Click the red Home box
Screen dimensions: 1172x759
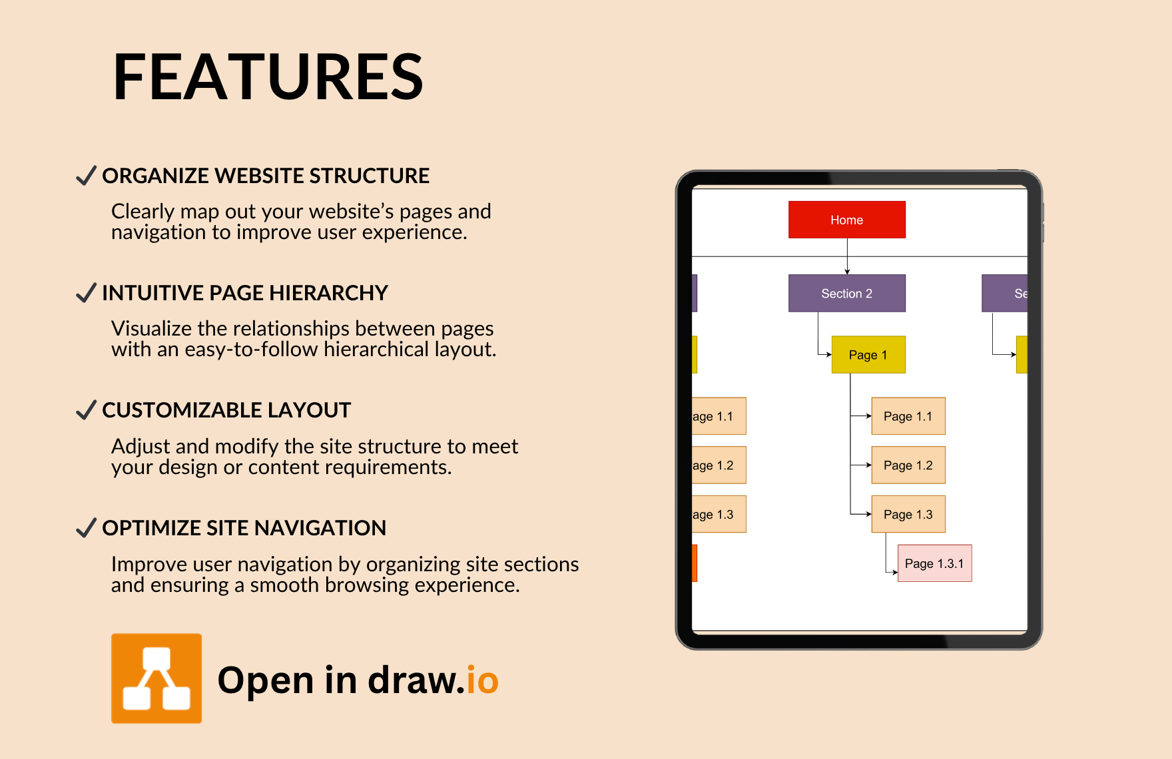(847, 220)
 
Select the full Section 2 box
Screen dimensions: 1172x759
(847, 294)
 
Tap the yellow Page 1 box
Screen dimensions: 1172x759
(868, 355)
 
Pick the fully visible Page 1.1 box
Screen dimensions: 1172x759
(908, 416)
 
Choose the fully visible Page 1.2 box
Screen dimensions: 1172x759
(908, 465)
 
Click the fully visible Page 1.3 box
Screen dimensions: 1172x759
(908, 514)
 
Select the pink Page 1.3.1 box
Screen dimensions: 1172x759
(934, 563)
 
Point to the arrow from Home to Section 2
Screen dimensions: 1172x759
(847, 256)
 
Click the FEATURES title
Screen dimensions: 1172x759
(268, 77)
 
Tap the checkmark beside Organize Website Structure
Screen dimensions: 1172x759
(87, 176)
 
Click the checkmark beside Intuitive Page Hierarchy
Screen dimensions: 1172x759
(87, 293)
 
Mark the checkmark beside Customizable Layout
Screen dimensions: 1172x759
(87, 410)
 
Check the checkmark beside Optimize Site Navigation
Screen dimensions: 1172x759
(87, 528)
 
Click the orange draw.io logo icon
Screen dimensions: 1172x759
(156, 678)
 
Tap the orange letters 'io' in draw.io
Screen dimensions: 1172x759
(482, 680)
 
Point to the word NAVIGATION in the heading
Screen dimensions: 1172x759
(320, 528)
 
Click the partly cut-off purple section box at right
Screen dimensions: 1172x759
(1005, 294)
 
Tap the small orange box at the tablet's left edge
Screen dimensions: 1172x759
(695, 563)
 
